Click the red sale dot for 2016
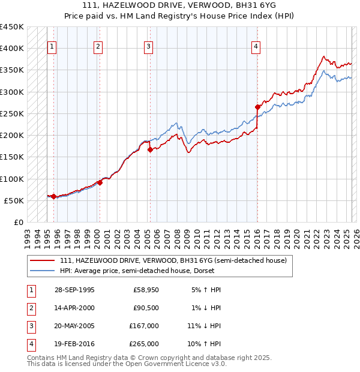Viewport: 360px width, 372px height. [257, 107]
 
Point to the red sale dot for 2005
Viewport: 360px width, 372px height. [150, 150]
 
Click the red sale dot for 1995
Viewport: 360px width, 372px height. [54, 196]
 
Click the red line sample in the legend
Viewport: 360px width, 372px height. [43, 260]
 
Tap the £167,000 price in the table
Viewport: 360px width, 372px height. [145, 326]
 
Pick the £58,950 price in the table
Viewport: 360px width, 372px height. [146, 290]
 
